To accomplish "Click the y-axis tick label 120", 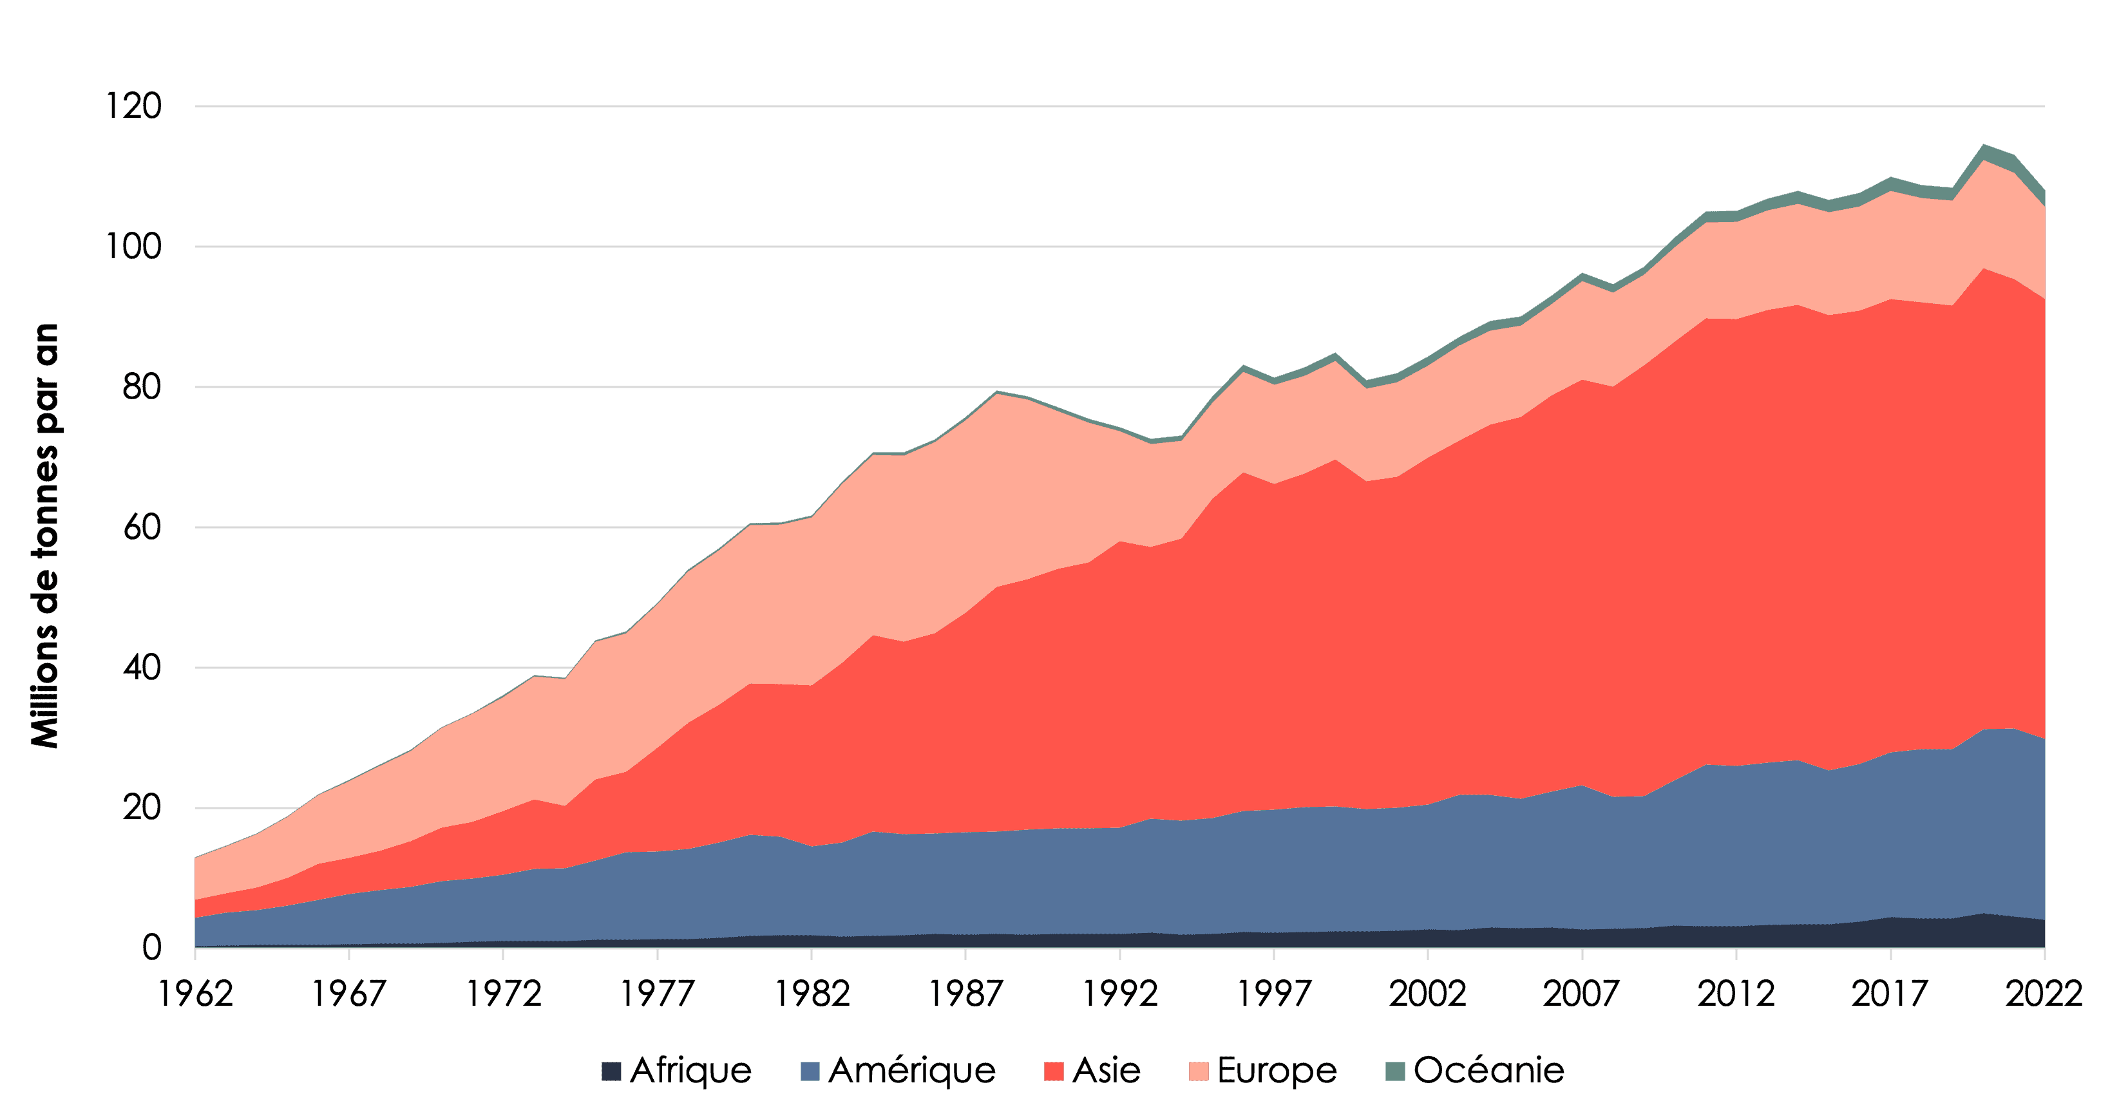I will point(134,107).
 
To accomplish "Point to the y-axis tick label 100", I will point(134,247).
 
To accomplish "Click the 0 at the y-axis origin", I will point(151,948).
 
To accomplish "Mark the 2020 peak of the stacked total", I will point(1982,146).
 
